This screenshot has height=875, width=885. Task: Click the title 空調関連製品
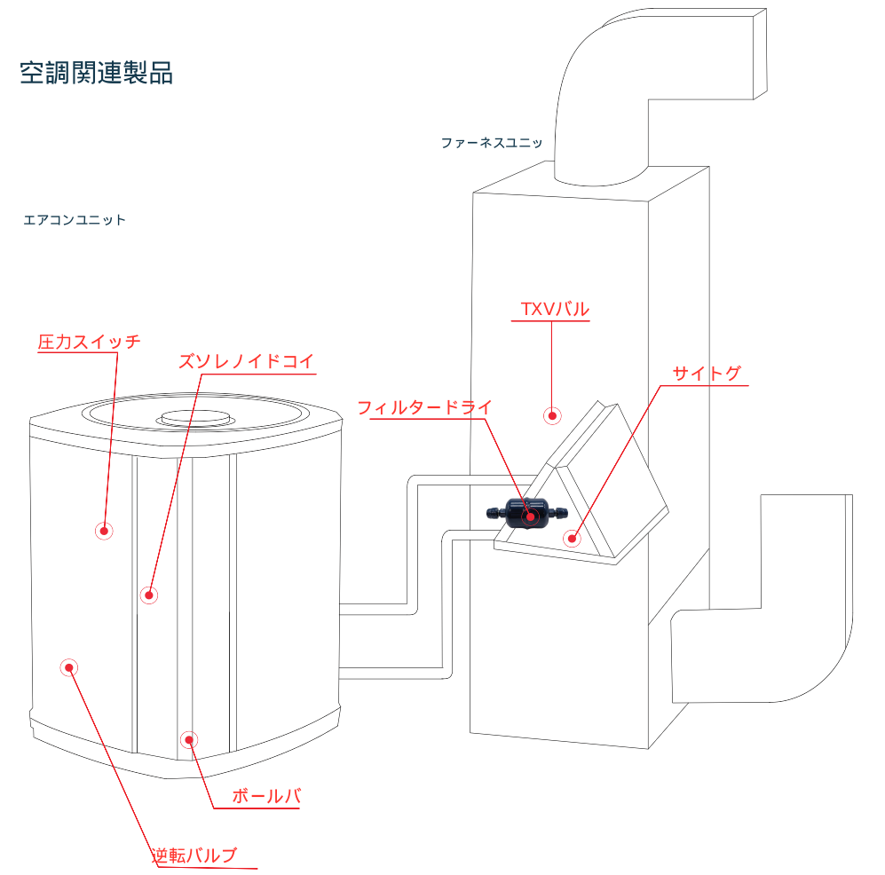pyautogui.click(x=96, y=73)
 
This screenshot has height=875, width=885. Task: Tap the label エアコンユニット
pyautogui.click(x=75, y=220)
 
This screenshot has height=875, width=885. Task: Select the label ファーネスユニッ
pyautogui.click(x=491, y=142)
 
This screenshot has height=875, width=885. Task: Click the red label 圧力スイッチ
pyautogui.click(x=90, y=342)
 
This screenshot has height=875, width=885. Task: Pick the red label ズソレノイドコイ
pyautogui.click(x=246, y=362)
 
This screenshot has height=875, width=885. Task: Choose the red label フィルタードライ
pyautogui.click(x=423, y=408)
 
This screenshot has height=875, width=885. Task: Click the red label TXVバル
pyautogui.click(x=554, y=310)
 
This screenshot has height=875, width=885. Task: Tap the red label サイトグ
pyautogui.click(x=706, y=374)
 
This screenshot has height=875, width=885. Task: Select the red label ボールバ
pyautogui.click(x=265, y=796)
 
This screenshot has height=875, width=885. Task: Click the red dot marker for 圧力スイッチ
pyautogui.click(x=105, y=531)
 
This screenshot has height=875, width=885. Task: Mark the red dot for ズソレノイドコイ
pyautogui.click(x=149, y=595)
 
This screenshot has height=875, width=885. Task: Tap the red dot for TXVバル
pyautogui.click(x=552, y=414)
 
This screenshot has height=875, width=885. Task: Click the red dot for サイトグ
pyautogui.click(x=572, y=537)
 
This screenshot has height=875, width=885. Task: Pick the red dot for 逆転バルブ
pyautogui.click(x=68, y=667)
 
